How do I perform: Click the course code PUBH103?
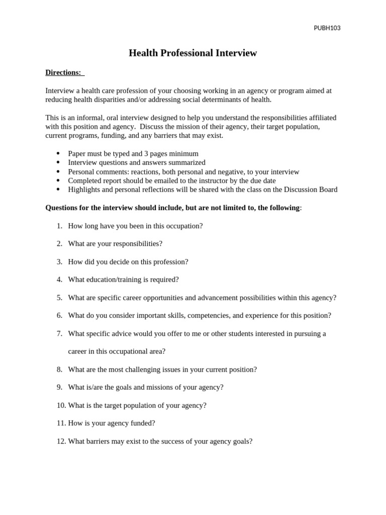327,28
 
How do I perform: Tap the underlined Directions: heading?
63,72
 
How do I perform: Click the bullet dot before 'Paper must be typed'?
58,153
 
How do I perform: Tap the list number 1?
59,226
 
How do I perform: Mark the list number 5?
59,297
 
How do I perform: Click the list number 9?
59,387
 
